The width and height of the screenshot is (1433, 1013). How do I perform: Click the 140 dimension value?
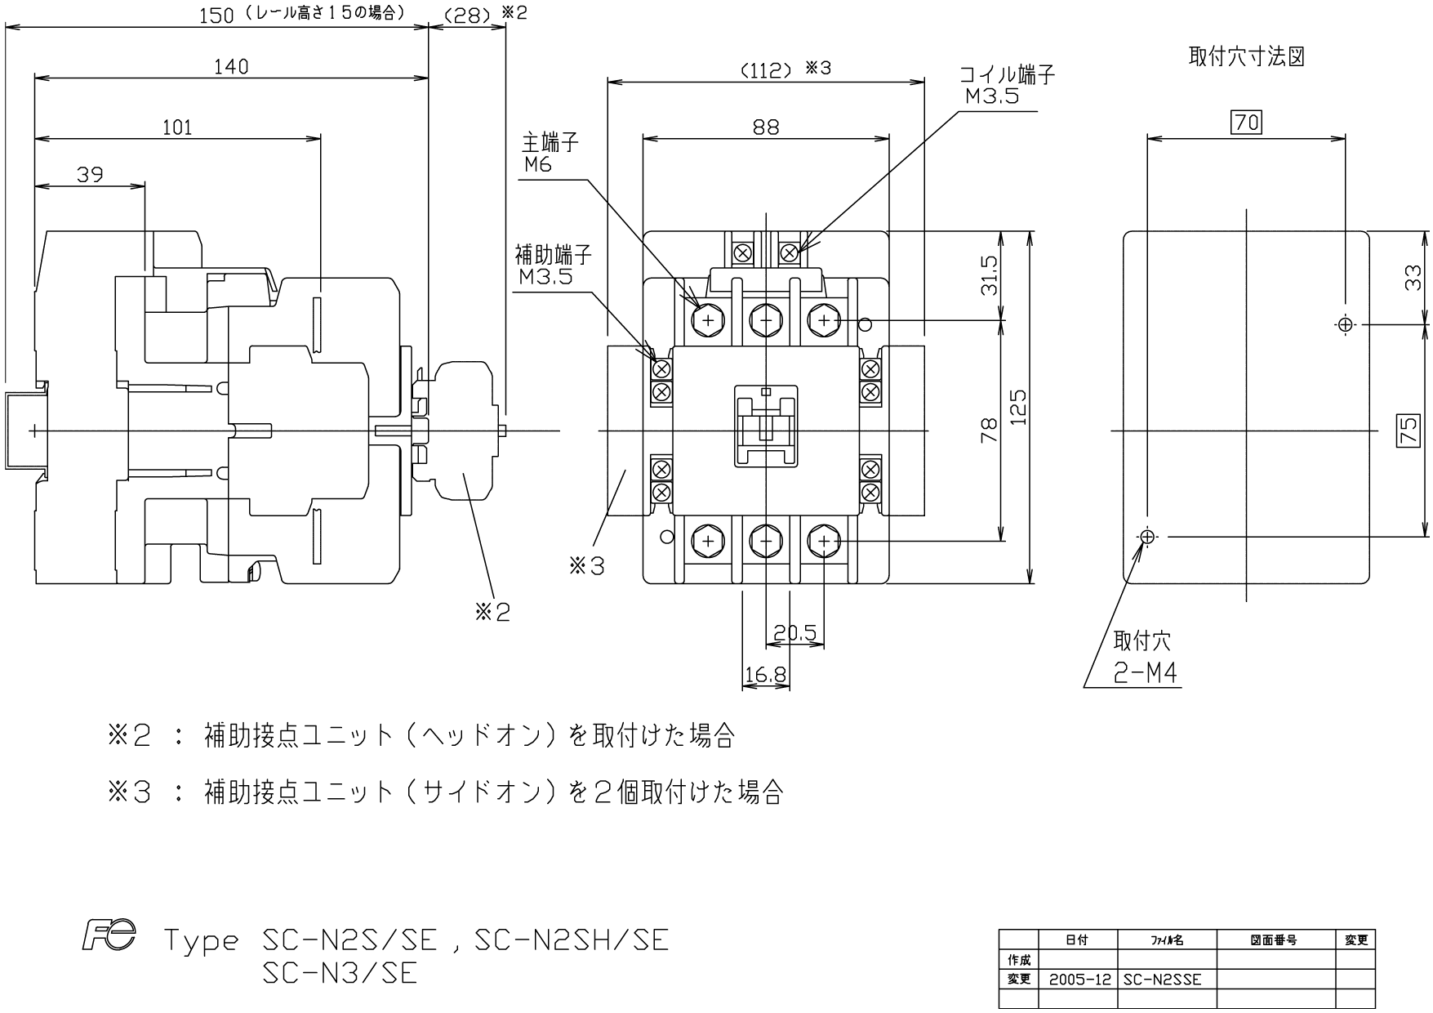click(231, 66)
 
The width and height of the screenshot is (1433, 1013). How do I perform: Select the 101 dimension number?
click(177, 127)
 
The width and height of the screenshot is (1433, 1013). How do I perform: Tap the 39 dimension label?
click(90, 174)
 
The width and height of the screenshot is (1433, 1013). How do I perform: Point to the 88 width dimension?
click(766, 127)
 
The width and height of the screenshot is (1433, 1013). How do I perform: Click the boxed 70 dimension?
click(1247, 123)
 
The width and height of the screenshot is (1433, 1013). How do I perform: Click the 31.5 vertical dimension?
click(990, 275)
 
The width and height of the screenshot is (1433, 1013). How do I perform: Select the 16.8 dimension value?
click(765, 675)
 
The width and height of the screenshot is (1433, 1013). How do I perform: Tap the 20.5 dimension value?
click(794, 633)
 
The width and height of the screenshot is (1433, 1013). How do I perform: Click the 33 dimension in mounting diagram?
click(1413, 278)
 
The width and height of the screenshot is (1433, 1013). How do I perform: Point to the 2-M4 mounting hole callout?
click(1146, 673)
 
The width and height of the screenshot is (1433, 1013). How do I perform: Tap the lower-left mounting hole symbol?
click(1147, 537)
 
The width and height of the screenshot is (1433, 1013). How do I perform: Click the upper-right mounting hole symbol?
click(1345, 324)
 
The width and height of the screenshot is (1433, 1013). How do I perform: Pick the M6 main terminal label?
click(539, 164)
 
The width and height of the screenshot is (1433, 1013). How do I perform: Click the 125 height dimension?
click(1017, 407)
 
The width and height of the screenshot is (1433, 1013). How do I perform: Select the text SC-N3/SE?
click(340, 974)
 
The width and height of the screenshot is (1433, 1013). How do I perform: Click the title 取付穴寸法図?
click(1246, 57)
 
